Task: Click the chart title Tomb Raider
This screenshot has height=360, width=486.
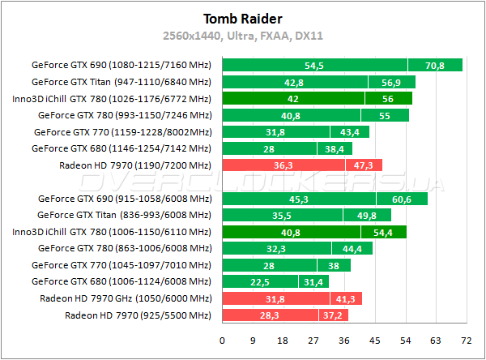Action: click(242, 19)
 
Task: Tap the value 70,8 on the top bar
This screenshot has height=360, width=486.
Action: click(435, 65)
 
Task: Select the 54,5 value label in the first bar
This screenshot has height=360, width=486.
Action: click(313, 65)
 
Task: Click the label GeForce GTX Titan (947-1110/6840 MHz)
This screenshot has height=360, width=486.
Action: click(121, 82)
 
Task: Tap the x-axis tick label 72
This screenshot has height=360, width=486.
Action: click(466, 341)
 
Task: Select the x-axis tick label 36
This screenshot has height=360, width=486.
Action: click(343, 341)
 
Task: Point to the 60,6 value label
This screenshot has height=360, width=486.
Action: click(401, 199)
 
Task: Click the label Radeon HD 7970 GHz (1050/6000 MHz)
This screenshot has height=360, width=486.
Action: click(126, 298)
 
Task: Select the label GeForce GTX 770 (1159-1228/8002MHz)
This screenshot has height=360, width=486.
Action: click(122, 131)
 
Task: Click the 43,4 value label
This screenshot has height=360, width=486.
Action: click(350, 132)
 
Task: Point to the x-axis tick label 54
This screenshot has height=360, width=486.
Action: click(404, 341)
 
